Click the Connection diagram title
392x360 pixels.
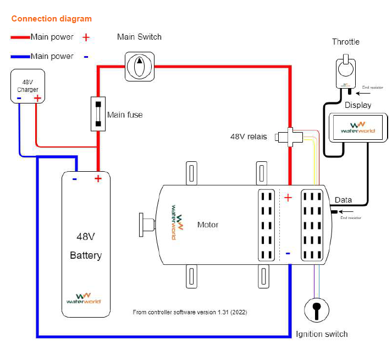coord(52,19)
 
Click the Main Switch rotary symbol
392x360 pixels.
coord(139,67)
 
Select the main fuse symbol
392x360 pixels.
coord(98,114)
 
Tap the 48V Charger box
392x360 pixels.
coord(28,86)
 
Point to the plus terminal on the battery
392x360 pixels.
coord(98,178)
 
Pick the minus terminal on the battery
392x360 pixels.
coord(74,178)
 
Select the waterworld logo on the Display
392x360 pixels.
coord(358,127)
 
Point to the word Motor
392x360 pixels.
coord(208,225)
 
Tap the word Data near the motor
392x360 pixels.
coord(343,200)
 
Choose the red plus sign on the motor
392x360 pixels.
coord(288,198)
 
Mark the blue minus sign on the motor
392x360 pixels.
coord(288,254)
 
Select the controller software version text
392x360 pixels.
coord(190,312)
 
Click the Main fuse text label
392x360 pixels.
coord(125,115)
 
